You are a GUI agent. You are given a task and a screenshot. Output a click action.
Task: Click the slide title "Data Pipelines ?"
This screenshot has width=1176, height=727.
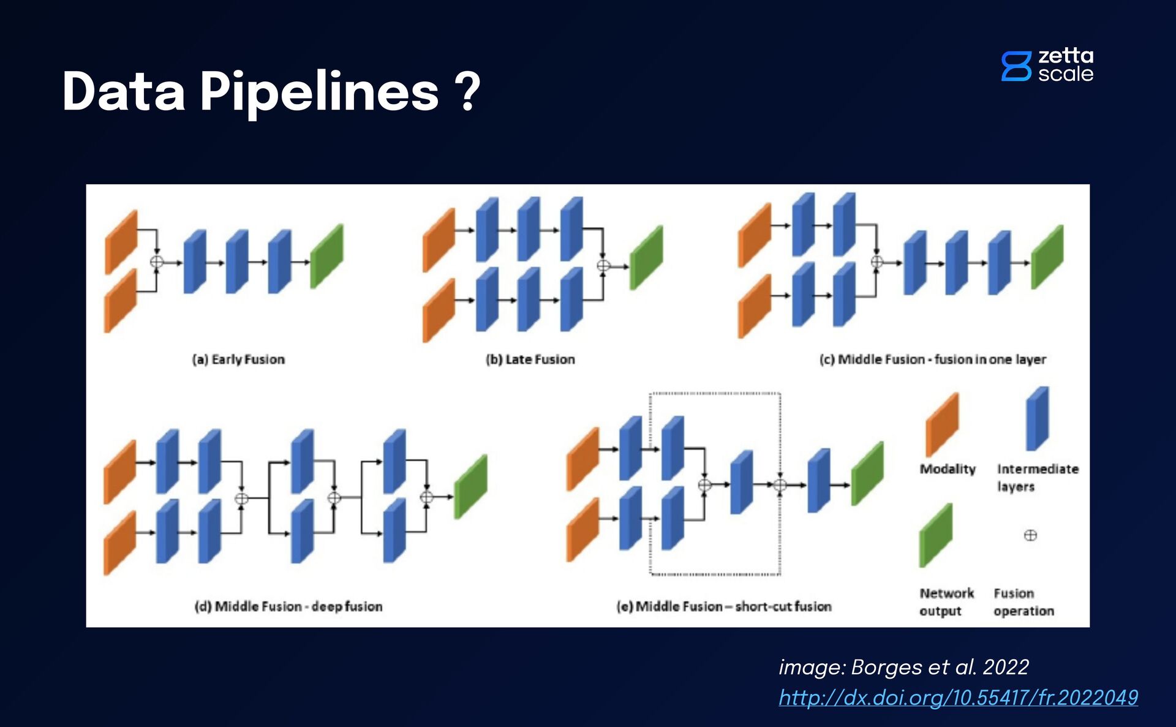(x=271, y=92)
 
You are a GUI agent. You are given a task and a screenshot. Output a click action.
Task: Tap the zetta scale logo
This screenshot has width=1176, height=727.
(x=1047, y=65)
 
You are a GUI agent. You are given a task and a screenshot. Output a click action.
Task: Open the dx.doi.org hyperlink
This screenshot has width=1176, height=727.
(x=958, y=698)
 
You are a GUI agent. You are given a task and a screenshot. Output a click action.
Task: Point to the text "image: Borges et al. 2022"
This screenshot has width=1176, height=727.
(x=903, y=666)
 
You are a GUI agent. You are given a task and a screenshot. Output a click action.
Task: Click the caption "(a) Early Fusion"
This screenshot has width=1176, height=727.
(x=238, y=360)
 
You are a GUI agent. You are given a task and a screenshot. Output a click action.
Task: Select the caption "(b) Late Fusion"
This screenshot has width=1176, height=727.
(x=530, y=360)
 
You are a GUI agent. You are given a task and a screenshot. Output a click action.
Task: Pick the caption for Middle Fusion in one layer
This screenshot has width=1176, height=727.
(x=932, y=360)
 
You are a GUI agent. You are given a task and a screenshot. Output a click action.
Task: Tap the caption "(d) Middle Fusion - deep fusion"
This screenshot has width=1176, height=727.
(x=288, y=606)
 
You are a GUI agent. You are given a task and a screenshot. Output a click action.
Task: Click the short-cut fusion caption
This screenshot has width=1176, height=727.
(x=723, y=606)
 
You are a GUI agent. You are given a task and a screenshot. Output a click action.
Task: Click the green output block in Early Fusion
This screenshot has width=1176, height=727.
(x=326, y=256)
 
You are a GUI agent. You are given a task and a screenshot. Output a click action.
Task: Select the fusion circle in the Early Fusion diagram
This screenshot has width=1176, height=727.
(x=157, y=262)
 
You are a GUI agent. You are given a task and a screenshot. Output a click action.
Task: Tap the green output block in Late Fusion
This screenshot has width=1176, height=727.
(x=646, y=257)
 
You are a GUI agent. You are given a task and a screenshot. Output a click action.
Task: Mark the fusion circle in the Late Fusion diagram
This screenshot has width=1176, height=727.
(x=603, y=266)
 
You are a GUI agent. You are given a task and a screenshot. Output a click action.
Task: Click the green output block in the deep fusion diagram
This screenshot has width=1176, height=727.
(x=470, y=487)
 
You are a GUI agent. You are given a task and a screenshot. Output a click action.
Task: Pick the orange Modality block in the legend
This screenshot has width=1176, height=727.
(x=941, y=424)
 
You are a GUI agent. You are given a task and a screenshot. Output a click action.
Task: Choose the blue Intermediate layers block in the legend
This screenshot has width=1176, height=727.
(x=1037, y=419)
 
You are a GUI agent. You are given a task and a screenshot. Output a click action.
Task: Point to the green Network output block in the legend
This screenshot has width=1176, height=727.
(x=935, y=535)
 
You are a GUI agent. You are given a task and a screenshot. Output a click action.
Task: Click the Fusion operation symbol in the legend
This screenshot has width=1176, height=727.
(x=1030, y=535)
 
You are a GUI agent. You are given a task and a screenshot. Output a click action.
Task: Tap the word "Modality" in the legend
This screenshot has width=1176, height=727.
(x=947, y=469)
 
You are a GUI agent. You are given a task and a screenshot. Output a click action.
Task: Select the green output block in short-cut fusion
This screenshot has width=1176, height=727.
(x=867, y=473)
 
